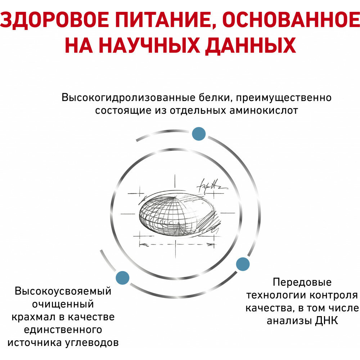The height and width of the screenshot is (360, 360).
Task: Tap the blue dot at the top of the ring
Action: click(x=198, y=134)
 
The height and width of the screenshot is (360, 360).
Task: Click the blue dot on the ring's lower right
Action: click(x=243, y=264)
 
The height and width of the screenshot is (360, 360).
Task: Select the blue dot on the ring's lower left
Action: click(x=122, y=277)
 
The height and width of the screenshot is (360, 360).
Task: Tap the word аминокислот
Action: click(x=264, y=110)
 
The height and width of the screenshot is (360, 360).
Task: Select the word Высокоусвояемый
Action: click(x=63, y=291)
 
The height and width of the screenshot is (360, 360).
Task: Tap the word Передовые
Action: click(x=302, y=282)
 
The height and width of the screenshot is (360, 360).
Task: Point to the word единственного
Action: click(x=63, y=330)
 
